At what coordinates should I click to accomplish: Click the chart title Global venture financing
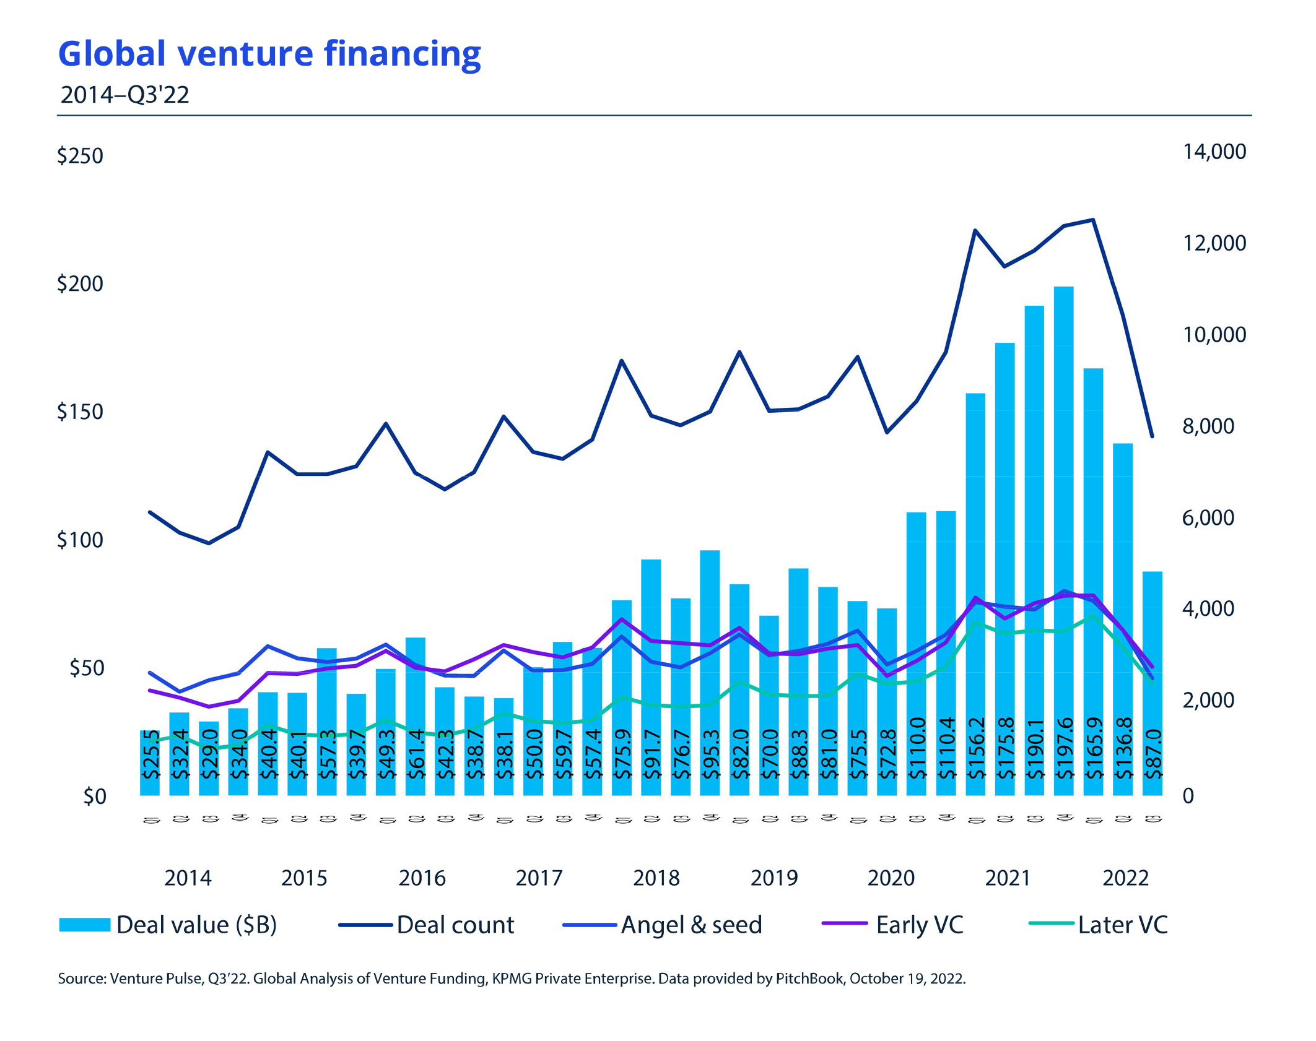(269, 54)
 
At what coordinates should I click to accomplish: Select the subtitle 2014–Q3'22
(124, 95)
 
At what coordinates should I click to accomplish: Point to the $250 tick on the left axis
(80, 155)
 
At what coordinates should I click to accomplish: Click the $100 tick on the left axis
(80, 540)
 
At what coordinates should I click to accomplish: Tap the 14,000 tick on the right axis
(1214, 152)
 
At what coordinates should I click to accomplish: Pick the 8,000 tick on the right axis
(1208, 426)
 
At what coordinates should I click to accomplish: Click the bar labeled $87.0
(1152, 681)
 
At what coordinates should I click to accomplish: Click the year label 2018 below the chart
(656, 878)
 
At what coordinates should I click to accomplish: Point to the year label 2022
(1125, 878)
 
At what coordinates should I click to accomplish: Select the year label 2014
(188, 878)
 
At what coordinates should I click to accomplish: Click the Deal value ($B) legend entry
(168, 925)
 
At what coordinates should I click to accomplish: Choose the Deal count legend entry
(427, 925)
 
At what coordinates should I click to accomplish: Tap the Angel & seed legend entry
(663, 925)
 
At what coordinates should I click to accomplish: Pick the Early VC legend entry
(893, 925)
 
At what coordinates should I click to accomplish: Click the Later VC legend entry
(1099, 925)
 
